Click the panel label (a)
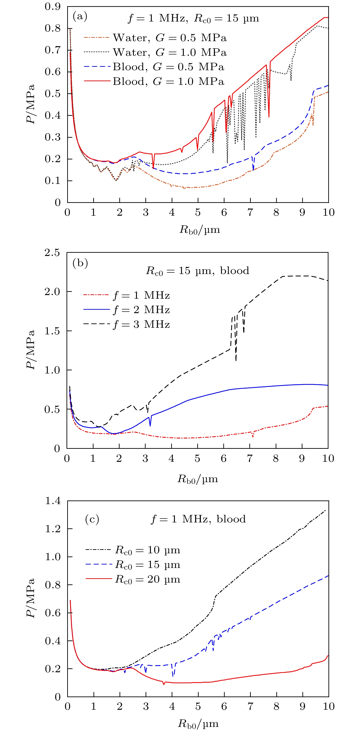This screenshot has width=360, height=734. point(80,16)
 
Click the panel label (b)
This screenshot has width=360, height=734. point(80,263)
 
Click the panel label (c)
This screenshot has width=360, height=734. point(92,519)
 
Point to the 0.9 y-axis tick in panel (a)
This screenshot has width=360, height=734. point(53,6)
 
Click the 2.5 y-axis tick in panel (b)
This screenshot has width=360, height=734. point(52,253)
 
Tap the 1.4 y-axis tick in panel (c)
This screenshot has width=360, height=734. point(53,501)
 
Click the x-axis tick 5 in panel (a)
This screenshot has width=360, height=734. point(198,212)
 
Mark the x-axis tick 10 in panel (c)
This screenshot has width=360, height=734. point(328,706)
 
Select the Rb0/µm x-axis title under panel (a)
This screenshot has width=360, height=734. point(199,230)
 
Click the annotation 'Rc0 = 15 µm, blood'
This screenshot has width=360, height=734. point(197,271)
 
